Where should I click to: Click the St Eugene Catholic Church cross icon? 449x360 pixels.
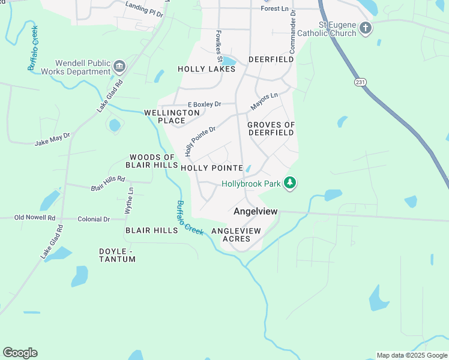point(365,27)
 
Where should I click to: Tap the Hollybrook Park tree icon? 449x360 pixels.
point(290,182)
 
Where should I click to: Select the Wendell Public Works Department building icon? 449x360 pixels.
point(119,65)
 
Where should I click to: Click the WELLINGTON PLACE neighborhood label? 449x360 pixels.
point(172,116)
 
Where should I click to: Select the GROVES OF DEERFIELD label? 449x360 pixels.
point(271,129)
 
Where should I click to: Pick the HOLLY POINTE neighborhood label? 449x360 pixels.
point(211,168)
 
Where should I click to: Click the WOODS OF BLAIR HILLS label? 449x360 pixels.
point(151,161)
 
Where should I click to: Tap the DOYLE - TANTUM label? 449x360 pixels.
point(117,255)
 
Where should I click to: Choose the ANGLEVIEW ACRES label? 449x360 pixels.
point(237,235)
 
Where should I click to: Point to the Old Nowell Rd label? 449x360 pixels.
point(35,218)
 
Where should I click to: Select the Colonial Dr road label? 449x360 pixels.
point(94,220)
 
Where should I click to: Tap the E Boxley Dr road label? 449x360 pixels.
point(205,104)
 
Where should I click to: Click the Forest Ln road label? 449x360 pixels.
point(275,8)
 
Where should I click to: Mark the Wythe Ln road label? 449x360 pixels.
point(129,201)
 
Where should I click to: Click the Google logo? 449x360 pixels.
point(20,353)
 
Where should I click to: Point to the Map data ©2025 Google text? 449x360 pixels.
point(412,355)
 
